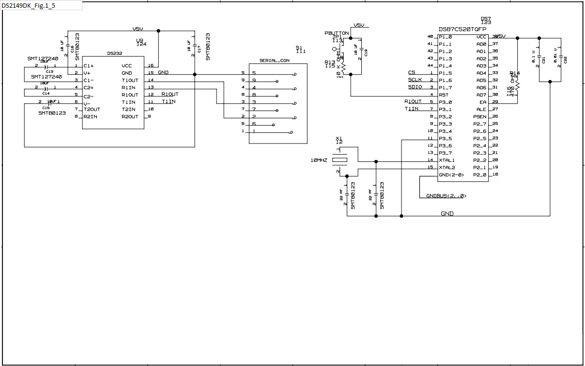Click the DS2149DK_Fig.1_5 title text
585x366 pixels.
[x=28, y=5]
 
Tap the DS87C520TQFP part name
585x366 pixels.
[x=462, y=29]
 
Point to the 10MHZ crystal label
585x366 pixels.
[x=319, y=160]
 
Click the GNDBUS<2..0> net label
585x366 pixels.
[x=446, y=196]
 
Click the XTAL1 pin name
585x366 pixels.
[x=447, y=160]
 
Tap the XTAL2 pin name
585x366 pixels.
[x=447, y=167]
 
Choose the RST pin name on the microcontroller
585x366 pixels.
[x=444, y=95]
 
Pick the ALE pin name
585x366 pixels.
[x=481, y=109]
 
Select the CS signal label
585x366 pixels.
[x=411, y=72]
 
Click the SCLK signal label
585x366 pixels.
[x=415, y=80]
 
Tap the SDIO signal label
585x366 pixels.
[x=415, y=87]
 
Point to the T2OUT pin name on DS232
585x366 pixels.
[x=92, y=109]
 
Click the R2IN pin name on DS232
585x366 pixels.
[x=90, y=116]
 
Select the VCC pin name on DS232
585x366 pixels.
[x=127, y=65]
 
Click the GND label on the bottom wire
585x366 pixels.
[x=447, y=213]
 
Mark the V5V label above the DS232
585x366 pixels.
[x=138, y=29]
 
